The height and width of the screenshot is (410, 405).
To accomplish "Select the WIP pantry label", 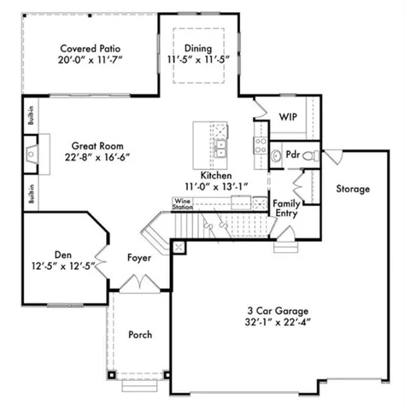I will tap(287, 115).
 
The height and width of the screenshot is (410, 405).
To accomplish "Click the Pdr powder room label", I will tap(293, 155).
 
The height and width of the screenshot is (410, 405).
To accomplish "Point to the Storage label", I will tap(352, 189).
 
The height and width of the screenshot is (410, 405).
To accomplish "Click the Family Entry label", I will tap(285, 209).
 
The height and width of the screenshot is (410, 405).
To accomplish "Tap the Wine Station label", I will tap(182, 204).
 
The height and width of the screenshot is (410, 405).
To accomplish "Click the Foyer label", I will tap(139, 257).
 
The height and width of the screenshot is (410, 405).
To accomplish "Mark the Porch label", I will tap(139, 334).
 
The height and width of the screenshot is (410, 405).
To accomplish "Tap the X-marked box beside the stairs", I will tap(178, 247).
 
